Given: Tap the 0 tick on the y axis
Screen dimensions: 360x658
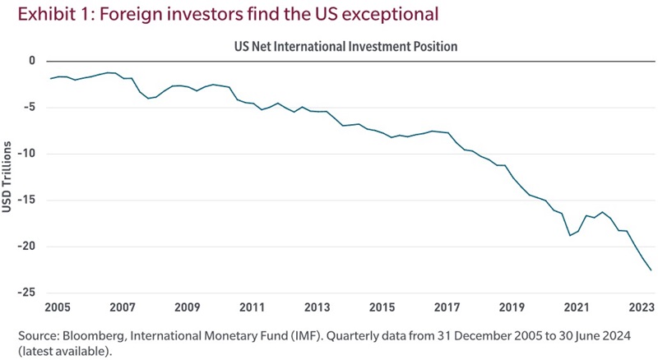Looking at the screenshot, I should pos(32,61).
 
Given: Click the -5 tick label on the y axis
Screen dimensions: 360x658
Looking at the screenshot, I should pos(30,107).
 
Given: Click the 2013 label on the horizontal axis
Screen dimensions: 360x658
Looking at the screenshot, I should pos(317,307).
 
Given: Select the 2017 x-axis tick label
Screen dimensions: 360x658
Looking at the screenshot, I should pos(447,307).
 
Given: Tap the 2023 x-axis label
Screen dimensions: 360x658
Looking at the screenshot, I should pos(640,307).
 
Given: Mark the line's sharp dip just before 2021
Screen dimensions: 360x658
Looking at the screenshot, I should pos(569,236).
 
